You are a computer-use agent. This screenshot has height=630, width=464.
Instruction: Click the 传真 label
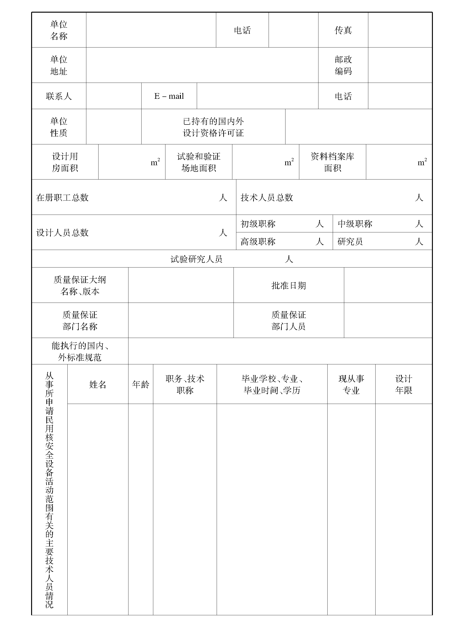coord(343,30)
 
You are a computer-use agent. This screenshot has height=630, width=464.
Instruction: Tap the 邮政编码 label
coord(343,65)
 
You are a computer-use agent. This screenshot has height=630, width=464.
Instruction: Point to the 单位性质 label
coord(59,127)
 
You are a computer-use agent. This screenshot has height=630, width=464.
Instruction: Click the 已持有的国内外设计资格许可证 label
coord(213,127)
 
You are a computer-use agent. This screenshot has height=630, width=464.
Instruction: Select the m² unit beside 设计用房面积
coord(155,162)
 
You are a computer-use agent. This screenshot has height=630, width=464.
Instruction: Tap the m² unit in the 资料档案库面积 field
coord(422,162)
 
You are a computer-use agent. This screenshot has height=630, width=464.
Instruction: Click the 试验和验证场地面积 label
coord(199,162)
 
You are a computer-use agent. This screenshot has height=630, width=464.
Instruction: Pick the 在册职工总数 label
coord(62,198)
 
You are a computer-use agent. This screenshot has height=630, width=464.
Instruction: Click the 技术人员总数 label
coord(267,198)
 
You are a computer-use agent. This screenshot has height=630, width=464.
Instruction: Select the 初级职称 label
coord(258,224)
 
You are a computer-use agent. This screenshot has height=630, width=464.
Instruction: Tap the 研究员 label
coord(350,241)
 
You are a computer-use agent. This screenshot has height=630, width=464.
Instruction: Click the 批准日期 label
coord(289,285)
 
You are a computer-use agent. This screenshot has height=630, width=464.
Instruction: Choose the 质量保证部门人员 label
coord(289,320)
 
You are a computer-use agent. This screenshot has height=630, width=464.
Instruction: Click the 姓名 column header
coord(98,384)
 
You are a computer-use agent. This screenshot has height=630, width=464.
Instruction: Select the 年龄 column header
coord(140,384)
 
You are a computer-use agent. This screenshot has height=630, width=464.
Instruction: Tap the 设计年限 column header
coord(404,384)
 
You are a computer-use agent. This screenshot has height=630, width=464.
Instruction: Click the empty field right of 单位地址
coord(202,65)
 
